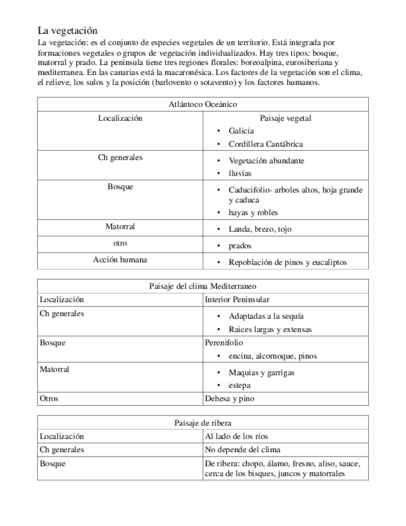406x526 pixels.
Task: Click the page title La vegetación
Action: click(x=68, y=30)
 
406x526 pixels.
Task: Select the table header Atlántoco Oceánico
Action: click(x=203, y=105)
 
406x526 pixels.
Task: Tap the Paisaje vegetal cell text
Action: click(x=286, y=118)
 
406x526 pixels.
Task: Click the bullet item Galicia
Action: click(x=241, y=131)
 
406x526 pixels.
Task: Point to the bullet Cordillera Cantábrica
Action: click(x=265, y=144)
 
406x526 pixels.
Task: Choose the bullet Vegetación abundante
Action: click(x=266, y=160)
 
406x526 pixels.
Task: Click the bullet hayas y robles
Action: click(x=253, y=212)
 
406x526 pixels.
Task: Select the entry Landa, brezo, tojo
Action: click(x=260, y=229)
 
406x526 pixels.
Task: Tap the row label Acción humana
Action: click(x=120, y=260)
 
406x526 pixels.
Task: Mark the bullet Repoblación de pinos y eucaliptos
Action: click(x=287, y=262)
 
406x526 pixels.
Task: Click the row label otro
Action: click(x=120, y=244)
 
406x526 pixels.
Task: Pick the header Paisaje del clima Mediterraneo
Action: click(x=203, y=287)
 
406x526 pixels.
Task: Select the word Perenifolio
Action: click(x=224, y=342)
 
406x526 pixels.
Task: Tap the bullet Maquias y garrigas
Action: click(x=261, y=372)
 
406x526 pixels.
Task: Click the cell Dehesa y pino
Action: click(x=229, y=399)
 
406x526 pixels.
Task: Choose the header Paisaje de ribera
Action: click(x=203, y=423)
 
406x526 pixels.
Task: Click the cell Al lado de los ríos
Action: click(x=236, y=436)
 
